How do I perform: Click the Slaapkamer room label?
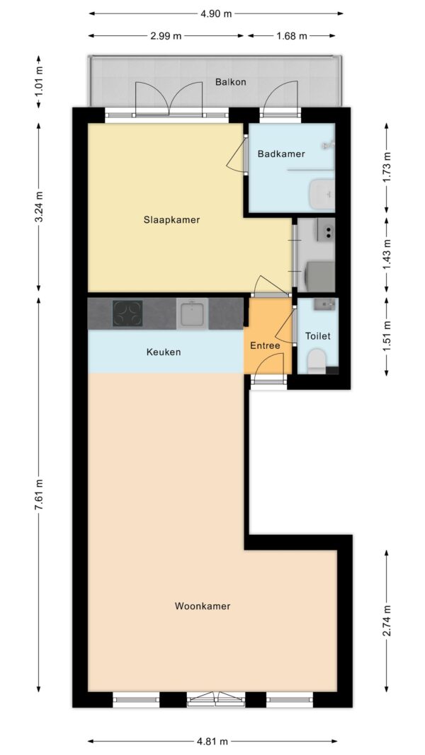(171, 220)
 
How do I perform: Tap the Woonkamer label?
(203, 606)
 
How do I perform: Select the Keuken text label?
(164, 352)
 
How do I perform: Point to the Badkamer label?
(281, 154)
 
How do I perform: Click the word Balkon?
(231, 82)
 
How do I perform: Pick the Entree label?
(265, 346)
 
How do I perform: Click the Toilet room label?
(318, 336)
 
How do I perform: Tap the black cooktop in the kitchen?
(127, 313)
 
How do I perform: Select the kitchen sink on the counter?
(192, 313)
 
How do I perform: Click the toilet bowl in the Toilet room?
(317, 361)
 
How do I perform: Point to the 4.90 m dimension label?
(216, 13)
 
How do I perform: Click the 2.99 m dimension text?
(166, 36)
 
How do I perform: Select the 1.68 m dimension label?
(292, 36)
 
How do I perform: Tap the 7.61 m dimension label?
(40, 495)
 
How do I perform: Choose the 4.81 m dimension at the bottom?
(211, 742)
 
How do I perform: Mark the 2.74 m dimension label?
(387, 621)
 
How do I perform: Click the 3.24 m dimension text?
(40, 207)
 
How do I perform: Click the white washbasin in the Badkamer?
(322, 194)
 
